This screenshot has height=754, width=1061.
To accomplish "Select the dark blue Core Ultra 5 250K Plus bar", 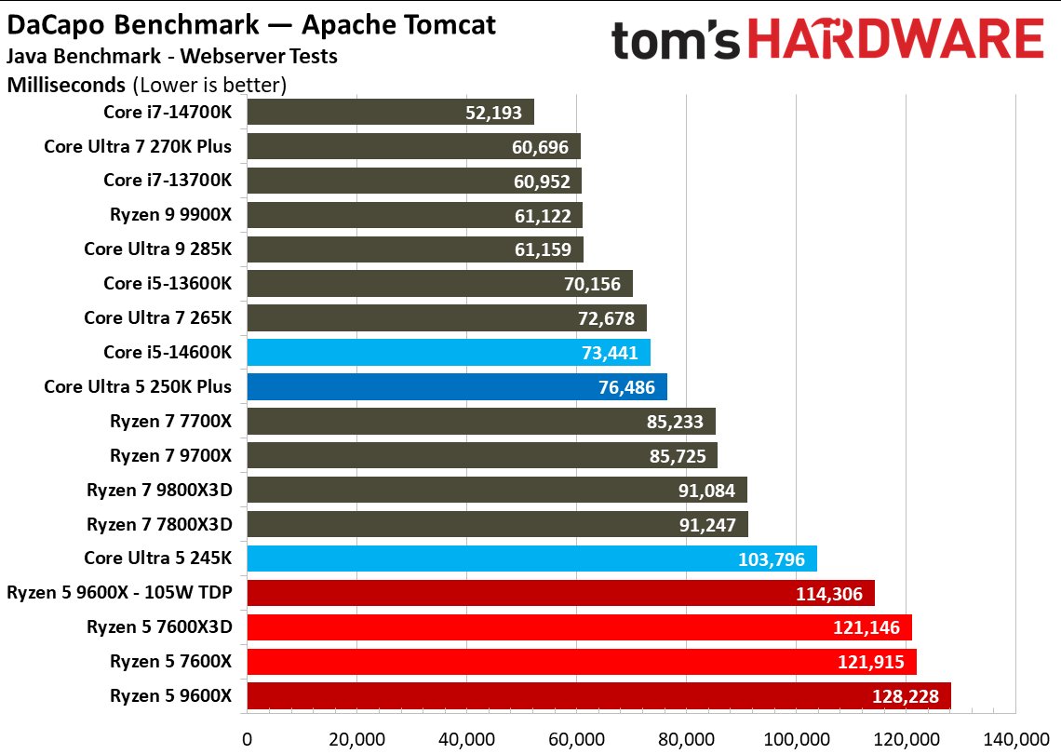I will click(x=456, y=387).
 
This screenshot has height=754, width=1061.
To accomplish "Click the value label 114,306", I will click(x=834, y=593).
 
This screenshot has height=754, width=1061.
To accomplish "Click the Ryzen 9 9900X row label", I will click(x=170, y=215).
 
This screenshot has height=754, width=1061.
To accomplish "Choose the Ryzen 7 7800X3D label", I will click(x=159, y=524).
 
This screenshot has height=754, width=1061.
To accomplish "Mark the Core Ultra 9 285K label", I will click(x=157, y=249).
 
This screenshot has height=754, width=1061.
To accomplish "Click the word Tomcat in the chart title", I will click(x=441, y=24).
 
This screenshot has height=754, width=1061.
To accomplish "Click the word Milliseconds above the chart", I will click(x=66, y=86).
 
